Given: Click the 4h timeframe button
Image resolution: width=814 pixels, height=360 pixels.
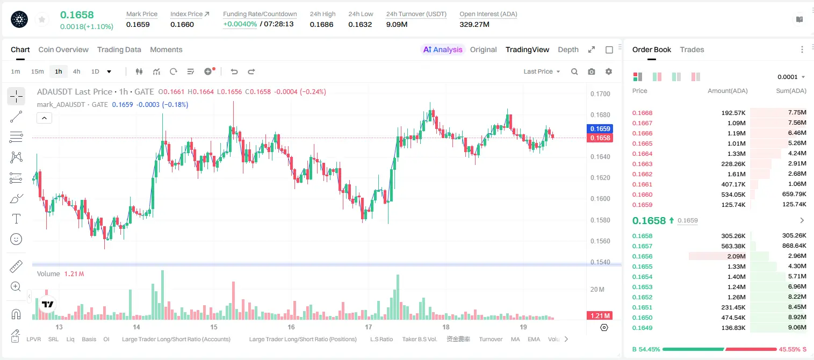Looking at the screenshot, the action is (76, 71).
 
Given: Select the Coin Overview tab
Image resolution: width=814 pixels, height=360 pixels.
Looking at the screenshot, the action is (63, 49).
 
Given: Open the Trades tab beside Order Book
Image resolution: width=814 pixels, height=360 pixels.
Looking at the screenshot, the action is (692, 49).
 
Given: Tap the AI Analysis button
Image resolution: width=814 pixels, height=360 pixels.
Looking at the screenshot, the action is (443, 49).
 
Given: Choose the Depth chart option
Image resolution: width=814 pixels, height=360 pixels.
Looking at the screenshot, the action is (568, 49).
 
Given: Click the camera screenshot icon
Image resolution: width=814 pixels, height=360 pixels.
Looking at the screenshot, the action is (592, 71).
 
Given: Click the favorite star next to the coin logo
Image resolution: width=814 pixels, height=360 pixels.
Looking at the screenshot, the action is (42, 20).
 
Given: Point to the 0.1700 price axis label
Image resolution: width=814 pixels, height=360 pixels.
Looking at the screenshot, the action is (600, 93).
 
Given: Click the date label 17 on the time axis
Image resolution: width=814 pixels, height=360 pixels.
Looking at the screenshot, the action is (369, 327).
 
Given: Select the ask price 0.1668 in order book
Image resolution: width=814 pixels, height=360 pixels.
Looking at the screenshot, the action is (642, 113).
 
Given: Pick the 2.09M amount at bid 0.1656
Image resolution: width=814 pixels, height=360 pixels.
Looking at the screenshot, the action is (736, 256).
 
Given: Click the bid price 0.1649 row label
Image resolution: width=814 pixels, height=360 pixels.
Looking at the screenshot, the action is (642, 328).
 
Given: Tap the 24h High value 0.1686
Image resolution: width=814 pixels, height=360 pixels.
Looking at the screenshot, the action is (321, 24).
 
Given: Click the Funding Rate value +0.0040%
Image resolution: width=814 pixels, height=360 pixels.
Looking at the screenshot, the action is (240, 24).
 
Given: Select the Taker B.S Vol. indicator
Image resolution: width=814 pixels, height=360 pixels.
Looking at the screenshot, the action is (419, 339).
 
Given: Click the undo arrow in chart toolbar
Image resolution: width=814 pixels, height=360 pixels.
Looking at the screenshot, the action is (234, 71).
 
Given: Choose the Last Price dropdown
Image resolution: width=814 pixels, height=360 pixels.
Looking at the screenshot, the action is (542, 71).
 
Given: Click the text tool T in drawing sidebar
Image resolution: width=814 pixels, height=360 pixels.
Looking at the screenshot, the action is (16, 219).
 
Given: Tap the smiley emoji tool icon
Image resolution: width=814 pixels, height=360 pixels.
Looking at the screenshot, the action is (16, 239).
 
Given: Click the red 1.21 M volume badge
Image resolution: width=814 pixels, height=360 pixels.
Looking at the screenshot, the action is (600, 316).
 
